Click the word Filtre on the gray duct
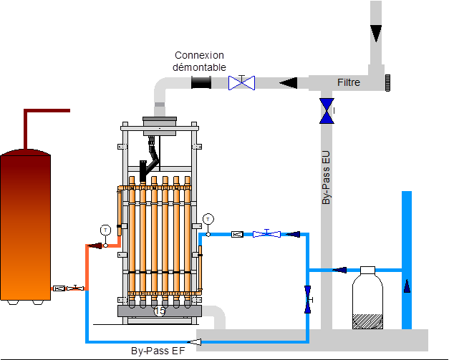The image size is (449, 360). pos(349,83)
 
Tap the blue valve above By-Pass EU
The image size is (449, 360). pos(327,110)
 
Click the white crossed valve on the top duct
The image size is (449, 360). pos(241,83)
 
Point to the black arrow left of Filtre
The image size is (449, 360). pos(288,83)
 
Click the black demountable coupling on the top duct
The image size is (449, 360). pos(201,83)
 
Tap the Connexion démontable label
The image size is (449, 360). pos(200,61)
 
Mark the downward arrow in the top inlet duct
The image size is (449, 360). pos(377,34)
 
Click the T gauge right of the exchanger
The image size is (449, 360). pos(208,218)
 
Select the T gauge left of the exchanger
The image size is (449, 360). pos(105,230)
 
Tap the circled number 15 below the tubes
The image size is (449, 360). pos(159,311)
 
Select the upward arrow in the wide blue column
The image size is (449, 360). pos(407,286)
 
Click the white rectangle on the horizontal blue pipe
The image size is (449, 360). pos(368,270)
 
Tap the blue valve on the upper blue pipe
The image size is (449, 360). pos(266,233)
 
